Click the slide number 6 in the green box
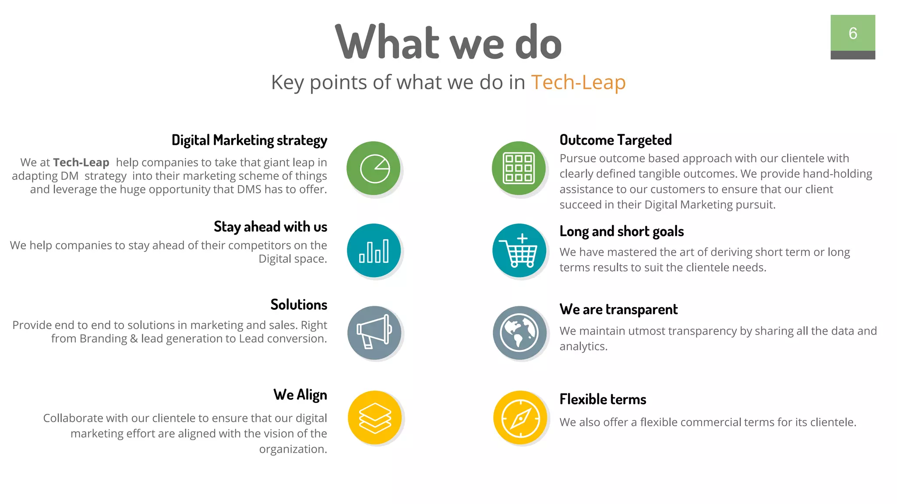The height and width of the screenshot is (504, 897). pyautogui.click(x=852, y=33)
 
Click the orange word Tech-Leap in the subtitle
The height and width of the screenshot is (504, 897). pyautogui.click(x=578, y=82)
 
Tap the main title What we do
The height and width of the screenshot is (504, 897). pyautogui.click(x=448, y=43)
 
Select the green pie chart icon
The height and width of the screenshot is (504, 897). pyautogui.click(x=374, y=168)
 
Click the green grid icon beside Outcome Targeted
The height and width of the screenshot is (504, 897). pyautogui.click(x=519, y=168)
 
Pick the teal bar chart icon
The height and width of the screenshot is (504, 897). pyautogui.click(x=374, y=250)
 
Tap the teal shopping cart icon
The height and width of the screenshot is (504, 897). pyautogui.click(x=519, y=250)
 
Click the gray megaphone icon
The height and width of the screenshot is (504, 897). pyautogui.click(x=374, y=332)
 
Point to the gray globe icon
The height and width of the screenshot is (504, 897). pyautogui.click(x=519, y=332)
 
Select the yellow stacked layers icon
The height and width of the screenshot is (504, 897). pyautogui.click(x=374, y=417)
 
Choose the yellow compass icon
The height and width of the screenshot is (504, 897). pyautogui.click(x=520, y=417)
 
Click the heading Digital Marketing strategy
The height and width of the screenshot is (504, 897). pyautogui.click(x=249, y=140)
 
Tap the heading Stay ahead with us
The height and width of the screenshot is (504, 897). pyautogui.click(x=270, y=227)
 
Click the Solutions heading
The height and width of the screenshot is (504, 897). pyautogui.click(x=299, y=304)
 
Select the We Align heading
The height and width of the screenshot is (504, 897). pyautogui.click(x=300, y=395)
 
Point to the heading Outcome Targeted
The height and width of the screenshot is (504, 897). pyautogui.click(x=615, y=140)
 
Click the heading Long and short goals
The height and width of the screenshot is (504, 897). pyautogui.click(x=622, y=231)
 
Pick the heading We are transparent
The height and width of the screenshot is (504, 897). pyautogui.click(x=618, y=309)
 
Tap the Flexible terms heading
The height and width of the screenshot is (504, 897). pyautogui.click(x=603, y=399)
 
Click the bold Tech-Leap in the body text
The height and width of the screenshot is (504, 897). pyautogui.click(x=81, y=162)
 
